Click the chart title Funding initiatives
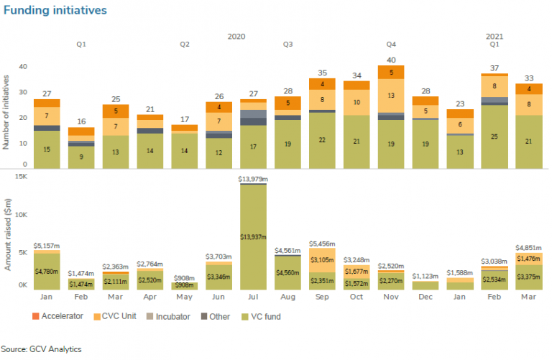coord(55,11)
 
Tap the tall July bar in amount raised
coord(253,237)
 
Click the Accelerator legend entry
coord(60,316)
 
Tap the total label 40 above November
coord(391,60)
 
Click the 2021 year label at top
coord(494,35)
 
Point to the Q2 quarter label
coord(185,45)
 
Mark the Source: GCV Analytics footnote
coord(41,349)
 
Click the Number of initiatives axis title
coord(6,107)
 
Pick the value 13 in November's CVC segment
coord(391,95)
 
